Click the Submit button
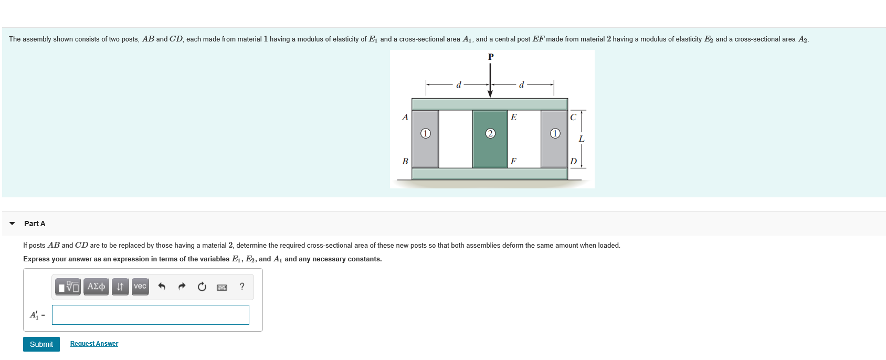41,344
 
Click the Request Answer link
94,344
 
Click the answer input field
150,315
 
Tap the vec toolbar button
140,287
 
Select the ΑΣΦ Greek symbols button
96,287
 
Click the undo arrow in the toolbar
162,287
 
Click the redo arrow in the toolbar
182,287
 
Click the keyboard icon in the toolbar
222,287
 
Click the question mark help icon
242,287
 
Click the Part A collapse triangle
12,224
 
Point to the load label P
491,57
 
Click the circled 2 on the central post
490,133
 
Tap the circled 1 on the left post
426,133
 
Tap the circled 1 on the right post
555,133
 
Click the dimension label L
582,139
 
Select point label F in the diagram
513,161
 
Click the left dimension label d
459,84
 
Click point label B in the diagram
405,161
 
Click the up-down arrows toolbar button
120,287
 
